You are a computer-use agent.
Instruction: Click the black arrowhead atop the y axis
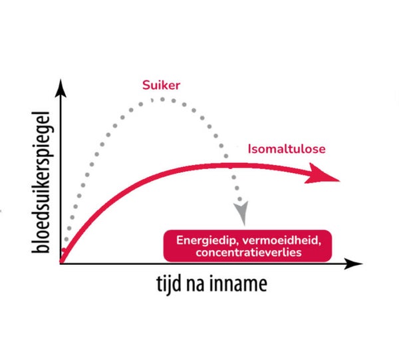tap(61, 86)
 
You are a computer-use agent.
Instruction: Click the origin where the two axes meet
tap(61, 264)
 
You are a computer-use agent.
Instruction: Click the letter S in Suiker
tap(145, 85)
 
